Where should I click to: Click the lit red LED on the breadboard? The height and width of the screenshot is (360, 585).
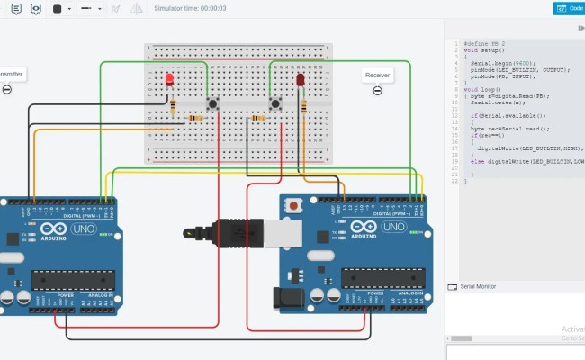pyautogui.click(x=169, y=81)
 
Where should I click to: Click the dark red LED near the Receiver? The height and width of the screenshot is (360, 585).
pyautogui.click(x=300, y=81)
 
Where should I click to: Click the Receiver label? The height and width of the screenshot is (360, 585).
pyautogui.click(x=377, y=76)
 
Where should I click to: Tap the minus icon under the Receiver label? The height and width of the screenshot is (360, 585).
pyautogui.click(x=377, y=90)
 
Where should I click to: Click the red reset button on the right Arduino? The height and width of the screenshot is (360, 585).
pyautogui.click(x=292, y=206)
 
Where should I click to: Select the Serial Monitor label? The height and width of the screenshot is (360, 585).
pyautogui.click(x=478, y=286)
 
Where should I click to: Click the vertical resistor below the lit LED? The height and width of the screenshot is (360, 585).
pyautogui.click(x=172, y=108)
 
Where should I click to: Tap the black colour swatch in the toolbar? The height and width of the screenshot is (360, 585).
pyautogui.click(x=57, y=9)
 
